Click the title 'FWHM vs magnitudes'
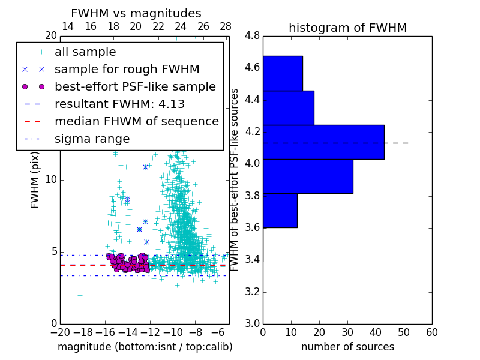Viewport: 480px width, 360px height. pos(136,13)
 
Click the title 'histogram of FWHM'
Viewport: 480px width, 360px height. pos(347,28)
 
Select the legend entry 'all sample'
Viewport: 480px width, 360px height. pos(85,52)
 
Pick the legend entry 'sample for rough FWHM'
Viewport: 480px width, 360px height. pos(127,69)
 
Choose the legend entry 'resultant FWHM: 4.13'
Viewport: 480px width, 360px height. pos(119,104)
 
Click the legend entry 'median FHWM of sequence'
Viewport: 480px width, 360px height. pos(136,121)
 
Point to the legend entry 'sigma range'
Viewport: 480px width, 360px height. pos(92,139)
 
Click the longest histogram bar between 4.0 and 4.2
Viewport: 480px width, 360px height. pos(323,142)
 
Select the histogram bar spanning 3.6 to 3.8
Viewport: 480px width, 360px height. pos(280,211)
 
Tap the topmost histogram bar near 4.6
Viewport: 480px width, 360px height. pos(283,73)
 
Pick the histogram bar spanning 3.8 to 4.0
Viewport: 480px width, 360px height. pos(308,176)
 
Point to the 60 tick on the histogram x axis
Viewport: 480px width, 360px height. pos(431,332)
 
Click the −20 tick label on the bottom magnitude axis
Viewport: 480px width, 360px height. pos(60,332)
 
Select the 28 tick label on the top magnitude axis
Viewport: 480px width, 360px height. pos(226,26)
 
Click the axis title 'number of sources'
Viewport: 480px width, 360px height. pos(347,347)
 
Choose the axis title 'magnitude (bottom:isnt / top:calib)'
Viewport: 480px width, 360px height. pos(145,347)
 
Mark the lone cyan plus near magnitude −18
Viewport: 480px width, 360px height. pos(80,295)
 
